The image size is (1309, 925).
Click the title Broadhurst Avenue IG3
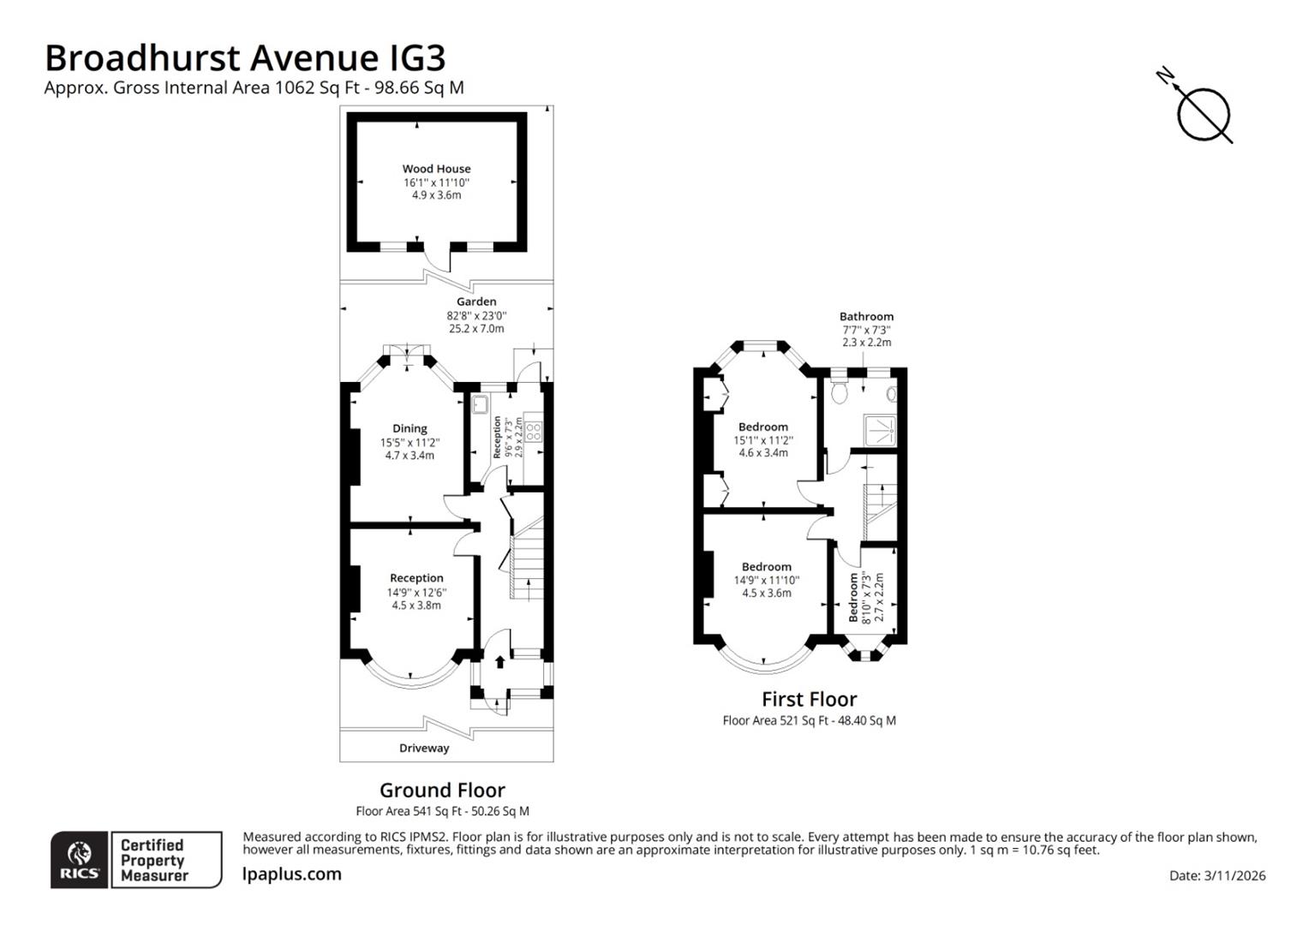pyautogui.click(x=245, y=58)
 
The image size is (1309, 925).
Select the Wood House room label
pyautogui.click(x=436, y=169)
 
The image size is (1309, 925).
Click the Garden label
pyautogui.click(x=475, y=301)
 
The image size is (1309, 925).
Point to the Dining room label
pyautogui.click(x=409, y=428)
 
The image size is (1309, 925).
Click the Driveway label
pyautogui.click(x=424, y=748)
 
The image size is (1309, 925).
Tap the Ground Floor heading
pyautogui.click(x=442, y=790)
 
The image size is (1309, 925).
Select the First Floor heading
pyautogui.click(x=809, y=699)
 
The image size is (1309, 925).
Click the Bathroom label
pyautogui.click(x=866, y=316)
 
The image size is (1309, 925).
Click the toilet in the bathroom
pyautogui.click(x=840, y=393)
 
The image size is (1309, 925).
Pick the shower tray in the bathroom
pyautogui.click(x=878, y=428)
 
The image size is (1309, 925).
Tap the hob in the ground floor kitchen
pyautogui.click(x=533, y=430)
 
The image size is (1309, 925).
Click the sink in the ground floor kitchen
pyautogui.click(x=479, y=404)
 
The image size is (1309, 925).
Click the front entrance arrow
pyautogui.click(x=499, y=662)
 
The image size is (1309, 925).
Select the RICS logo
pyautogui.click(x=79, y=859)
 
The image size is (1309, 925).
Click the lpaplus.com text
pyautogui.click(x=291, y=874)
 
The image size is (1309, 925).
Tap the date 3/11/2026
pyautogui.click(x=1216, y=875)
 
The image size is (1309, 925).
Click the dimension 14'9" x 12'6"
pyautogui.click(x=416, y=592)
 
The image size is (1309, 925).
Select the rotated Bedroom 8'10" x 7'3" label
pyautogui.click(x=865, y=597)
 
